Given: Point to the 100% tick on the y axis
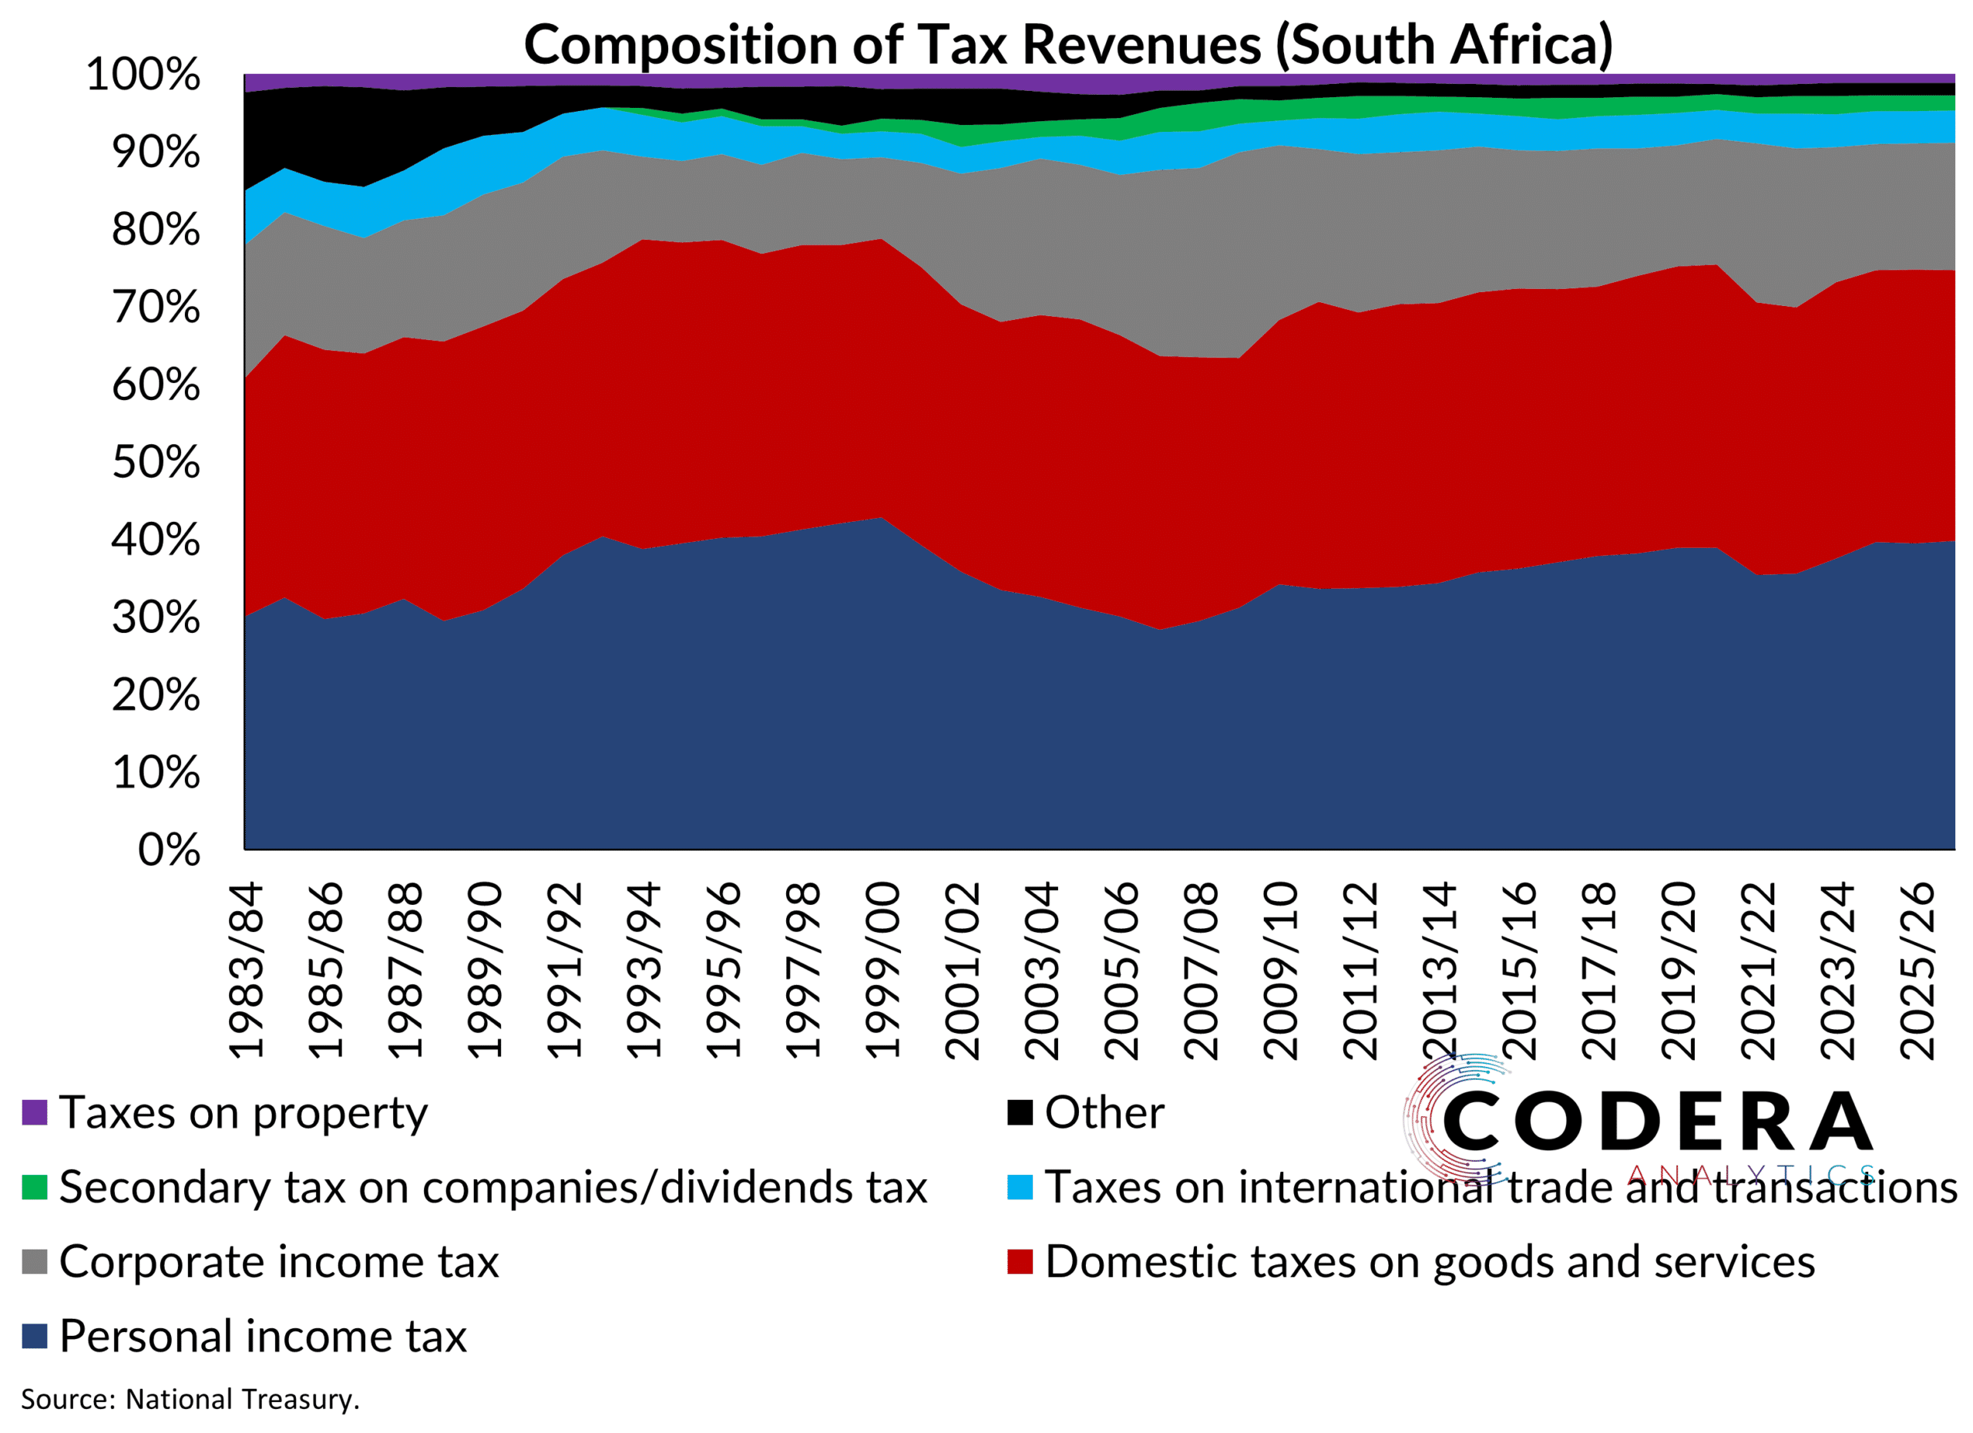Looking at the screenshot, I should point(143,75).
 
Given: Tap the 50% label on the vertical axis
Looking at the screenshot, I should point(156,463).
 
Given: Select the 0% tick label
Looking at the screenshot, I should point(170,851).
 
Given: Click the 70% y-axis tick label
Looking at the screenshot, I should point(156,308).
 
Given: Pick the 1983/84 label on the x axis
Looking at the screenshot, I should point(246,970).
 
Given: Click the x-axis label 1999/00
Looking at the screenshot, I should point(884,970).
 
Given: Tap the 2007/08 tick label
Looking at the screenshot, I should point(1202,970).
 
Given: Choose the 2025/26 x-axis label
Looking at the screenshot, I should point(1918,970).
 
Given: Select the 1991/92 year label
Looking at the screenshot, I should point(565,970).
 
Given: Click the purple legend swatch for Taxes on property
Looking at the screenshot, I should point(35,1113).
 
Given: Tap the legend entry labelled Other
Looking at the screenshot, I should point(1103,1113).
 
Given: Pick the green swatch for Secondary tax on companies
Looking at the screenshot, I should point(35,1188).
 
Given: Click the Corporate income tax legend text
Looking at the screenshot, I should point(278,1263).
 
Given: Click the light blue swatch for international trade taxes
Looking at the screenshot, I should point(1020,1188).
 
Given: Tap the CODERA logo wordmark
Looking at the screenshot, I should point(1657,1122).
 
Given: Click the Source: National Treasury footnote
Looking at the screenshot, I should point(190,1400).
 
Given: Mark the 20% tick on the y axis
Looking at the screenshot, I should point(156,696).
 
